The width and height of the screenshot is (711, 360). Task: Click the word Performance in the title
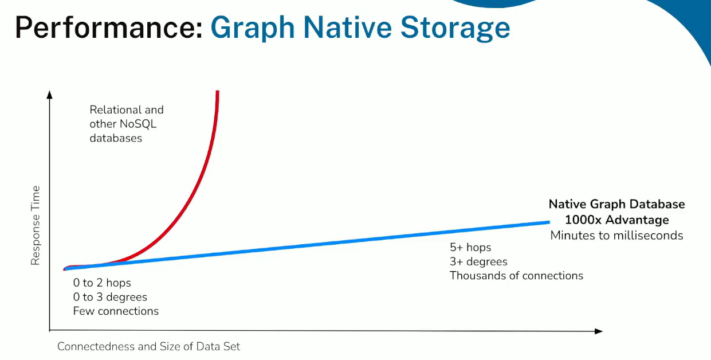click(108, 28)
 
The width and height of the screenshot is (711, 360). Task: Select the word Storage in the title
click(455, 29)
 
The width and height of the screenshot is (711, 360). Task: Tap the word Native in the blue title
click(348, 28)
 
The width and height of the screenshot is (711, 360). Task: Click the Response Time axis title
click(35, 225)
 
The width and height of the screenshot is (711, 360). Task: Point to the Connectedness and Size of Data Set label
click(148, 346)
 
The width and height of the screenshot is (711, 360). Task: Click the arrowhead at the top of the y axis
click(49, 95)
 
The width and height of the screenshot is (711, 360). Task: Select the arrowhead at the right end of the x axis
click(598, 331)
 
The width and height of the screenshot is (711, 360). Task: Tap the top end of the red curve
click(218, 91)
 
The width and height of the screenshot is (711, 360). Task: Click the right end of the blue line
click(549, 222)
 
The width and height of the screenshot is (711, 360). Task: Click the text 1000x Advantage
click(616, 220)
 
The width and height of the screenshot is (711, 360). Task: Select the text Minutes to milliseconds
click(616, 236)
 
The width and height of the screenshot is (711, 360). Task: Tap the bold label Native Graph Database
click(616, 204)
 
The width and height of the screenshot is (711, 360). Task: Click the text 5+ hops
click(470, 248)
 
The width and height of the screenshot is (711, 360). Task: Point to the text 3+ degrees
click(478, 261)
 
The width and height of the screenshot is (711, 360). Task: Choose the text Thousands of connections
click(516, 276)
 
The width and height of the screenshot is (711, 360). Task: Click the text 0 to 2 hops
click(102, 283)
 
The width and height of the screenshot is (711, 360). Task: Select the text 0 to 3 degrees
click(110, 297)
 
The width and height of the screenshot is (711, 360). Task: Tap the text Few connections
click(116, 311)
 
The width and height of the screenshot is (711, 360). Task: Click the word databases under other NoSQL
click(116, 138)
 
